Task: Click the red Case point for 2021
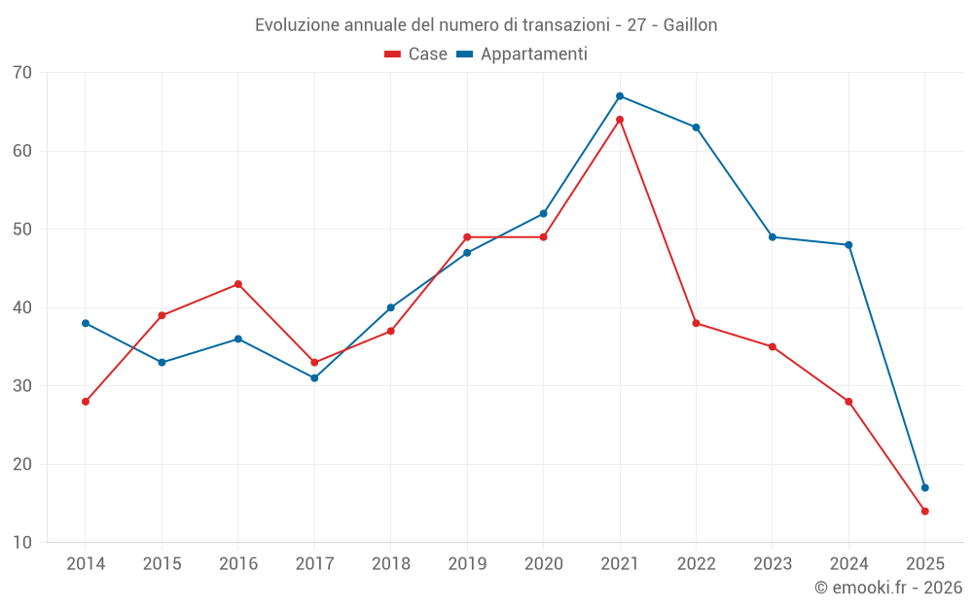[x=620, y=120]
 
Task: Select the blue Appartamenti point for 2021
[x=620, y=96]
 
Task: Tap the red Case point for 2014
[x=86, y=402]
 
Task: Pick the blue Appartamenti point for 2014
[x=86, y=323]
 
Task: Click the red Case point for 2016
[x=238, y=284]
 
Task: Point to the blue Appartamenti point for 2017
[x=314, y=378]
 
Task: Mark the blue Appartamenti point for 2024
[x=848, y=245]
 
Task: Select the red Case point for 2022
[x=696, y=323]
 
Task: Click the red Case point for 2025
[x=925, y=512]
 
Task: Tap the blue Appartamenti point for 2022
[x=696, y=127]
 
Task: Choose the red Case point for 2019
[x=467, y=237]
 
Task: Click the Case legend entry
[x=416, y=54]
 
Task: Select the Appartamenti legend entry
[x=523, y=54]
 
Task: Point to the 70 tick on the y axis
[x=22, y=73]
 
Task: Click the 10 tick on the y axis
[x=22, y=543]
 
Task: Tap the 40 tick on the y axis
[x=22, y=307]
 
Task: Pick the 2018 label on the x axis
[x=390, y=564]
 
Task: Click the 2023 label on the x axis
[x=773, y=564]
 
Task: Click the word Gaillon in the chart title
[x=690, y=25]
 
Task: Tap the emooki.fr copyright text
[x=888, y=588]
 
